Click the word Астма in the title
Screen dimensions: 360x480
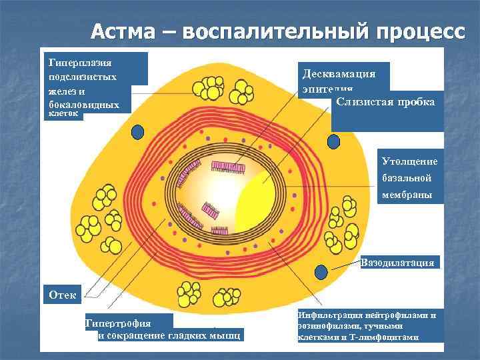coord(126,31)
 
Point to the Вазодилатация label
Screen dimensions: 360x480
coord(399,262)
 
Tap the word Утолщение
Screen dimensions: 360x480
coord(409,161)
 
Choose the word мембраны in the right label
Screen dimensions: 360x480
coord(407,195)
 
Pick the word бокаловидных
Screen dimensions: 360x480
coord(84,105)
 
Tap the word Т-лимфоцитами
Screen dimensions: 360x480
coord(385,337)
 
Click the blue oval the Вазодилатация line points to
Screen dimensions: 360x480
coord(321,273)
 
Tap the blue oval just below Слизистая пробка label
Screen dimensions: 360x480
coord(333,142)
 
